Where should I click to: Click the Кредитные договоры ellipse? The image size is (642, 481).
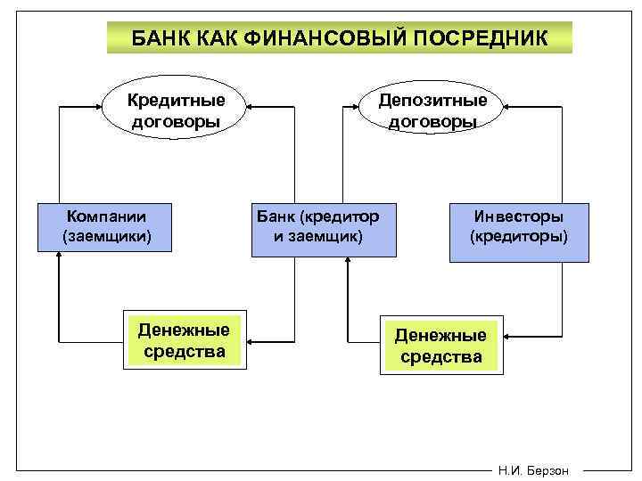176,109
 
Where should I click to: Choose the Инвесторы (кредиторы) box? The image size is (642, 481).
518,232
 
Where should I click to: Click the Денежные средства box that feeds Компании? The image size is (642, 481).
184,341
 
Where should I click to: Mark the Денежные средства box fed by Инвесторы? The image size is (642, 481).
440,346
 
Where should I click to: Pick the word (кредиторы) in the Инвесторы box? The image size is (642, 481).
518,238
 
